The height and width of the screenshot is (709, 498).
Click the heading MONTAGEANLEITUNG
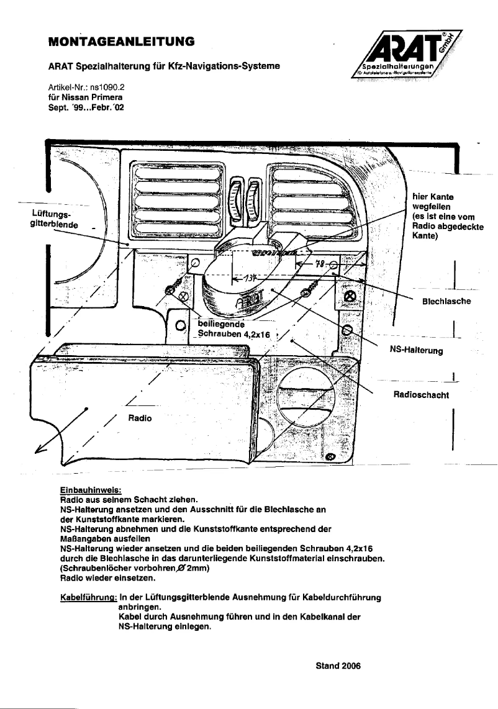(121, 42)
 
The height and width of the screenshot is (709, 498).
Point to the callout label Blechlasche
(446, 301)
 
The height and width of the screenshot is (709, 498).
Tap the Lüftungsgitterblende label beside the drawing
(55, 219)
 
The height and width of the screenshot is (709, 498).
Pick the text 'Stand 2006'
(338, 665)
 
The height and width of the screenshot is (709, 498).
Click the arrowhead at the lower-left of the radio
(42, 453)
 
